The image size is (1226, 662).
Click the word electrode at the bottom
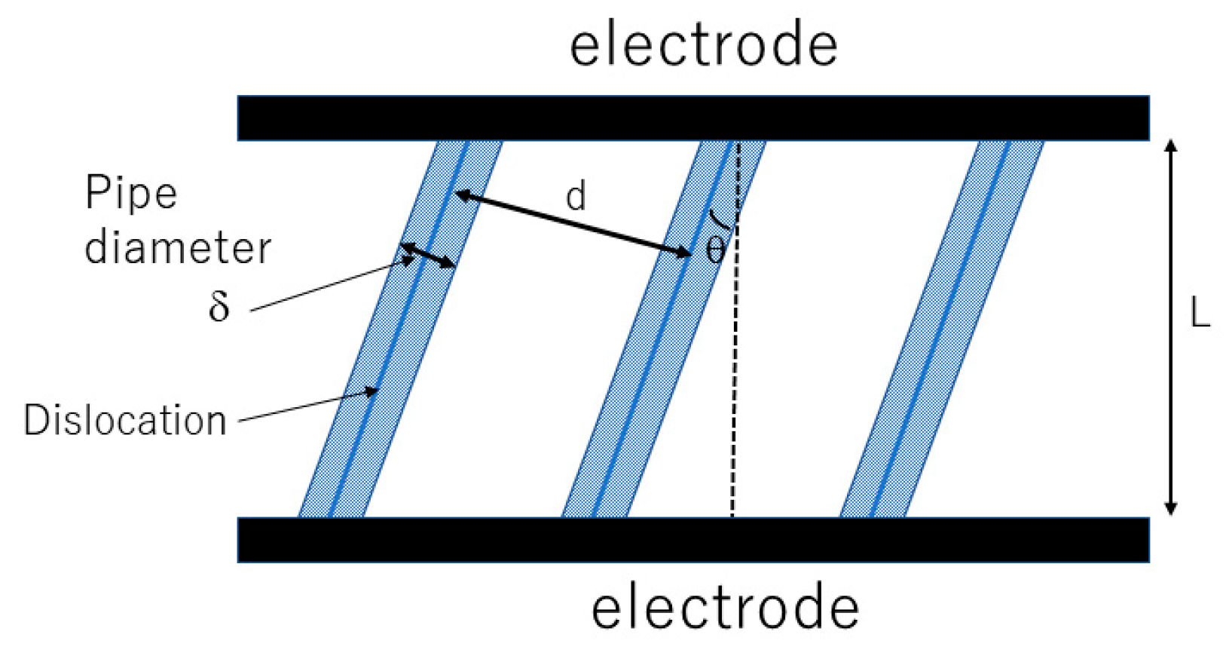(x=724, y=608)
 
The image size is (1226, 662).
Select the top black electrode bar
(x=693, y=118)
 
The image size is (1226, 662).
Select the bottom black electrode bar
(x=693, y=540)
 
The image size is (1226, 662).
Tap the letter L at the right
(x=1200, y=312)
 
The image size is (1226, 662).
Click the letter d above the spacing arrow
(x=576, y=197)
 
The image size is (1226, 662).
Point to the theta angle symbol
(x=715, y=250)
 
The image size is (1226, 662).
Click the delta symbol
(x=219, y=306)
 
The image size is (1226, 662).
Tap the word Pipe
(x=131, y=193)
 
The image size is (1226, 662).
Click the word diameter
(x=177, y=248)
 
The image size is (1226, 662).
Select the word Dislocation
(x=125, y=420)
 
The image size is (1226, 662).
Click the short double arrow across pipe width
(x=427, y=255)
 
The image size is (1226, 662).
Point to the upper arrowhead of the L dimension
(x=1170, y=146)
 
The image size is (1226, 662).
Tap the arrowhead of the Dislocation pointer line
(x=371, y=391)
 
